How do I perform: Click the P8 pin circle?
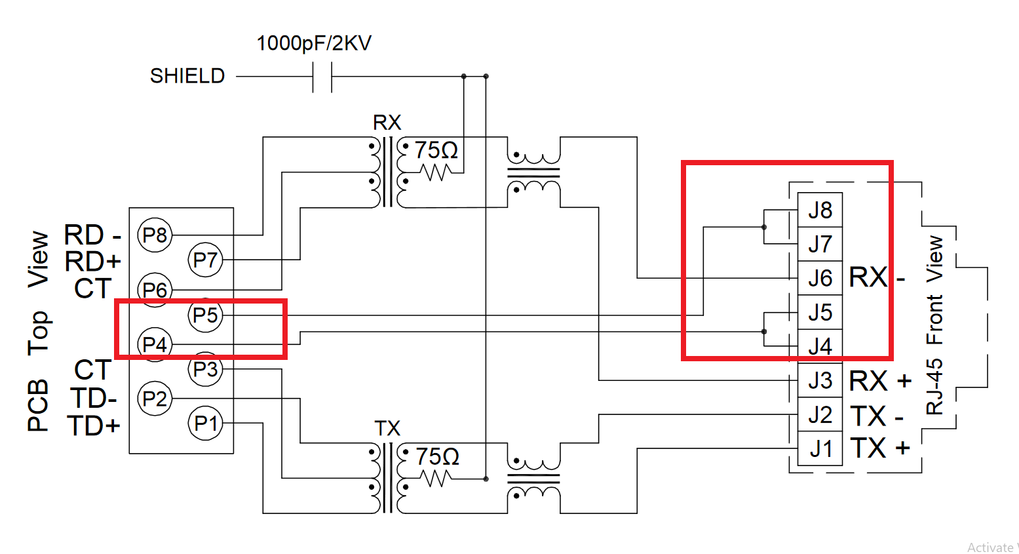click(155, 235)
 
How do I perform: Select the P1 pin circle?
click(206, 424)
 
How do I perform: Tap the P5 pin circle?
click(206, 315)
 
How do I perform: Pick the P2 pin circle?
click(155, 399)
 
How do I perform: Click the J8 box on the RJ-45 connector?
click(820, 210)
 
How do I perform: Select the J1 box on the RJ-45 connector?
click(820, 449)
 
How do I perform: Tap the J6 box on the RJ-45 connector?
click(820, 278)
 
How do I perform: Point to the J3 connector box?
click(820, 380)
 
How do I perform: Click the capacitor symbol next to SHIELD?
click(322, 77)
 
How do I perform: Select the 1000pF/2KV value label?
click(314, 43)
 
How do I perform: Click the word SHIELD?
click(187, 76)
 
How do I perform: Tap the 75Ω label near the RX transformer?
click(436, 150)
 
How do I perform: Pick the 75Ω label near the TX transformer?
click(437, 456)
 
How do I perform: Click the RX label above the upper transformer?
click(387, 123)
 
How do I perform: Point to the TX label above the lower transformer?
click(387, 429)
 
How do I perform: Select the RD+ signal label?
click(93, 262)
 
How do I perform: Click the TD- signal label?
click(94, 398)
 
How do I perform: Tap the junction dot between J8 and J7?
click(764, 228)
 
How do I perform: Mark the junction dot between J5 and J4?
click(764, 332)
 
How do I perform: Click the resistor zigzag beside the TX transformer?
click(436, 479)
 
